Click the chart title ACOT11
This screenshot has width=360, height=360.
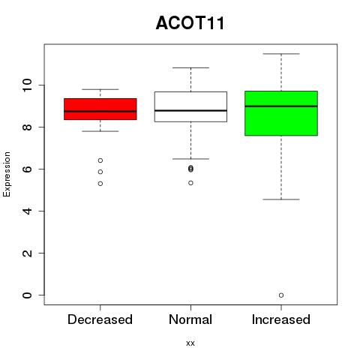(x=190, y=23)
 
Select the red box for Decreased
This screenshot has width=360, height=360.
(x=100, y=109)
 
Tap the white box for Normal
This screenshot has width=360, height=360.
(x=190, y=106)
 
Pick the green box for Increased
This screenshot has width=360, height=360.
(x=281, y=113)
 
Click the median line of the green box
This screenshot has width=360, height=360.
(x=281, y=106)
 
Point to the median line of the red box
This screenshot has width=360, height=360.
(x=100, y=111)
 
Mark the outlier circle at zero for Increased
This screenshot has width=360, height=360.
(x=281, y=295)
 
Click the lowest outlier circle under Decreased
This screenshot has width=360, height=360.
(x=100, y=184)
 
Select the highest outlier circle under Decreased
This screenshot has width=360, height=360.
(x=100, y=160)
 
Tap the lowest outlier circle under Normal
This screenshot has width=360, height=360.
(x=190, y=183)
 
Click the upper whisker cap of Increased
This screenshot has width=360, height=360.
(x=281, y=54)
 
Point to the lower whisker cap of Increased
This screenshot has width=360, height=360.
(x=281, y=199)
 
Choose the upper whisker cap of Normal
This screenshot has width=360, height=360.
(x=190, y=67)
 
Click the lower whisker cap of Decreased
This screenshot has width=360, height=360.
(x=100, y=131)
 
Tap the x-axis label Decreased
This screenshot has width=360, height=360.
(x=100, y=319)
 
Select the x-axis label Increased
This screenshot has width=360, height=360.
(x=281, y=319)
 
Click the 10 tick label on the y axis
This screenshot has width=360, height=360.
(x=27, y=85)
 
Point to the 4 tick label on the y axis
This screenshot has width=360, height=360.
(x=27, y=211)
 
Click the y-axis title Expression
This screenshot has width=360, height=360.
(x=7, y=174)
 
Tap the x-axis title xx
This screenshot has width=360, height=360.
(x=190, y=343)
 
